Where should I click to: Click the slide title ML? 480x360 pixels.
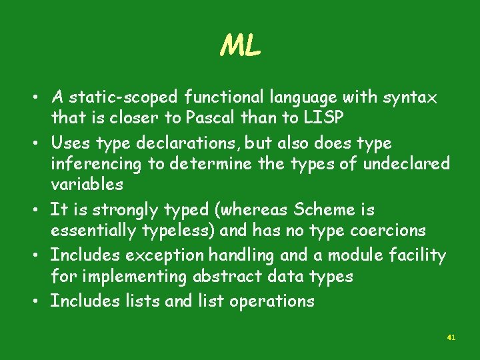click(240, 47)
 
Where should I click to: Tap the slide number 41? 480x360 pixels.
click(451, 338)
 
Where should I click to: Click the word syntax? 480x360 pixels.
click(410, 98)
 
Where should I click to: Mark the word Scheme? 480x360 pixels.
click(323, 209)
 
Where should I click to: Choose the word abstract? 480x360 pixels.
click(226, 276)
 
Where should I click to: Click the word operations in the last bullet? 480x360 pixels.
click(272, 301)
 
